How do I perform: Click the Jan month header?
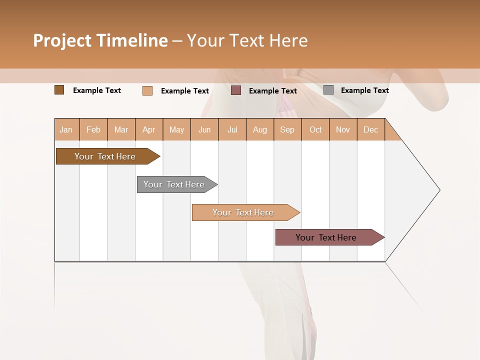click(66, 129)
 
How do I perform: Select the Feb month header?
click(93, 129)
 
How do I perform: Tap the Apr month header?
click(149, 129)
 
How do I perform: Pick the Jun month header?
click(204, 129)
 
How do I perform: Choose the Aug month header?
click(260, 129)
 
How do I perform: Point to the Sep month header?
click(287, 129)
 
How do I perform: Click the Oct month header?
click(315, 129)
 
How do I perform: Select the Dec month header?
click(370, 129)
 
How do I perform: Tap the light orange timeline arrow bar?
click(244, 212)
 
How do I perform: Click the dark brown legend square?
click(59, 90)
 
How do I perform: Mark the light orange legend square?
click(147, 90)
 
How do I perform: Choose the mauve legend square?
click(236, 90)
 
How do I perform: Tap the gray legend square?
click(328, 90)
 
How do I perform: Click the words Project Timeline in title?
click(100, 40)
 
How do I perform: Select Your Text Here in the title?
click(247, 40)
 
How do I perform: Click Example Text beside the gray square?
click(364, 90)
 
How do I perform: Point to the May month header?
click(176, 129)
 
